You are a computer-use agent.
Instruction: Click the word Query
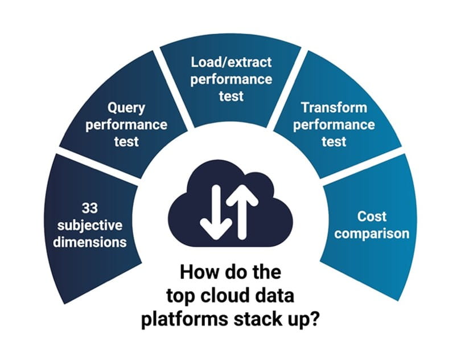click(126, 108)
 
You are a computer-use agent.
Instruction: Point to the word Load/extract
click(231, 62)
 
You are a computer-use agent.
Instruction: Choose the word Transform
click(334, 108)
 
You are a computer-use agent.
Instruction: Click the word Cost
click(372, 216)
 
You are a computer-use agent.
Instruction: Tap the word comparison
click(372, 234)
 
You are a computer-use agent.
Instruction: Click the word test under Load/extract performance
click(231, 96)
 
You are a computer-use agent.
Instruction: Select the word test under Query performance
click(126, 141)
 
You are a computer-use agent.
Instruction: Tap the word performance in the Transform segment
click(334, 124)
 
